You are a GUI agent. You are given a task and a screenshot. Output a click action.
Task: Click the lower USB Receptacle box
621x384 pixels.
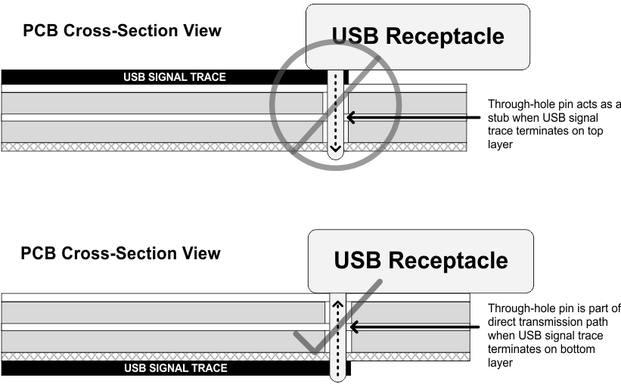point(421,260)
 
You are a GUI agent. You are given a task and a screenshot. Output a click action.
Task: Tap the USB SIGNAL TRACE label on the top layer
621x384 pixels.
point(175,77)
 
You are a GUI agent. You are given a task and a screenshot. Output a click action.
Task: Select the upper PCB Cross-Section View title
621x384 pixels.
point(122,31)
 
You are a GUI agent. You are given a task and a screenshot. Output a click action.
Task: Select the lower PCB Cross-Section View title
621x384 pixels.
point(121,253)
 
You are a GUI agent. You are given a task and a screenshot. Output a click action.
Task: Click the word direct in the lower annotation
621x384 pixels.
point(503,322)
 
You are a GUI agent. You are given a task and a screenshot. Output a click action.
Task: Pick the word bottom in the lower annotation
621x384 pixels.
point(577,349)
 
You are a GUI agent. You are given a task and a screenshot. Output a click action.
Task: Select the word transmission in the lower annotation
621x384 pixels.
point(554,322)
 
